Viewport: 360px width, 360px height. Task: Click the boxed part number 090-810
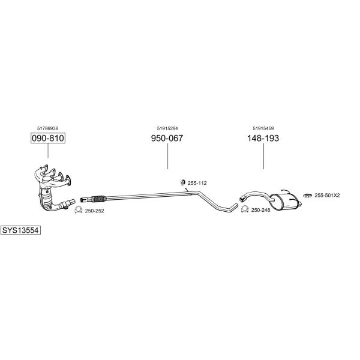48,138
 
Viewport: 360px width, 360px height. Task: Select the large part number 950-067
167,138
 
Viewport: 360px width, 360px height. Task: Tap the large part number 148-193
263,138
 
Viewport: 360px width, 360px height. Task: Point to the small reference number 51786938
47,128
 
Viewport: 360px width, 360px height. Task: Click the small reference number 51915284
167,128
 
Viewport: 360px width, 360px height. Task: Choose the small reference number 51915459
263,128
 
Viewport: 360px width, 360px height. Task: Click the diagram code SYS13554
20,230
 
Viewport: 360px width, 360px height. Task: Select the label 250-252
95,211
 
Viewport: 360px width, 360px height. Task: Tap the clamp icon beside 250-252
78,209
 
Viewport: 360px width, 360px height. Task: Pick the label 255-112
197,183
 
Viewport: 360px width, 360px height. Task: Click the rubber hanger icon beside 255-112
183,182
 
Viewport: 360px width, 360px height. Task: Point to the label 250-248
261,210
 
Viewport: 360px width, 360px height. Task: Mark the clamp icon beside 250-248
245,209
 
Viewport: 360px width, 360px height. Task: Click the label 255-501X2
327,196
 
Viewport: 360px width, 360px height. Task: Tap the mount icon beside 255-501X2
307,196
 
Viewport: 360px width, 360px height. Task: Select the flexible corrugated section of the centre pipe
99,199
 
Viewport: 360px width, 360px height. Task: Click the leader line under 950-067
167,157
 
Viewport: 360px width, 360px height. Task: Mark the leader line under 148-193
263,157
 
